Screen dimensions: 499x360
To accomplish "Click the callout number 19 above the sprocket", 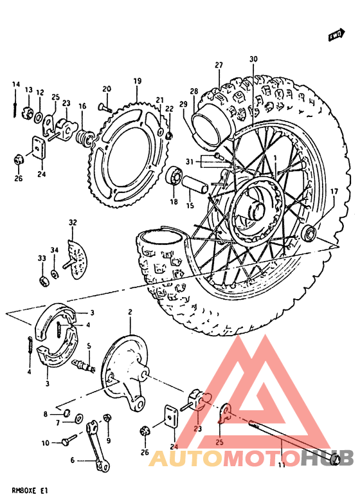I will pyautogui.click(x=137, y=81).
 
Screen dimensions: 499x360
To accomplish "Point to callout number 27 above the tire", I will pyautogui.click(x=219, y=65).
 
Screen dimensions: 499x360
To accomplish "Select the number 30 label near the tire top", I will pyautogui.click(x=253, y=59).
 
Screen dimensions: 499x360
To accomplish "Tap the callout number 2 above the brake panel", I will pyautogui.click(x=130, y=313).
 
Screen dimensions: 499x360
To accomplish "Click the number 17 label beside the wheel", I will pyautogui.click(x=334, y=192).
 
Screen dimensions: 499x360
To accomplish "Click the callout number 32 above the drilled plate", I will pyautogui.click(x=73, y=222).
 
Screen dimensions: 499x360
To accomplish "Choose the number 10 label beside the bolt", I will pyautogui.click(x=45, y=443).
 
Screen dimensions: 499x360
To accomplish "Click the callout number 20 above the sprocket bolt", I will pyautogui.click(x=107, y=89).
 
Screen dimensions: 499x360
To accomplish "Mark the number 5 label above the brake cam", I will pyautogui.click(x=89, y=345).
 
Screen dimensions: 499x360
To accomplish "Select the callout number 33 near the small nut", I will pyautogui.click(x=42, y=258).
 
